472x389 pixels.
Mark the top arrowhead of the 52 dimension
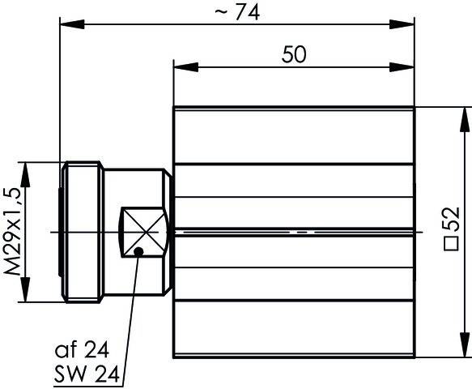(464, 113)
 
